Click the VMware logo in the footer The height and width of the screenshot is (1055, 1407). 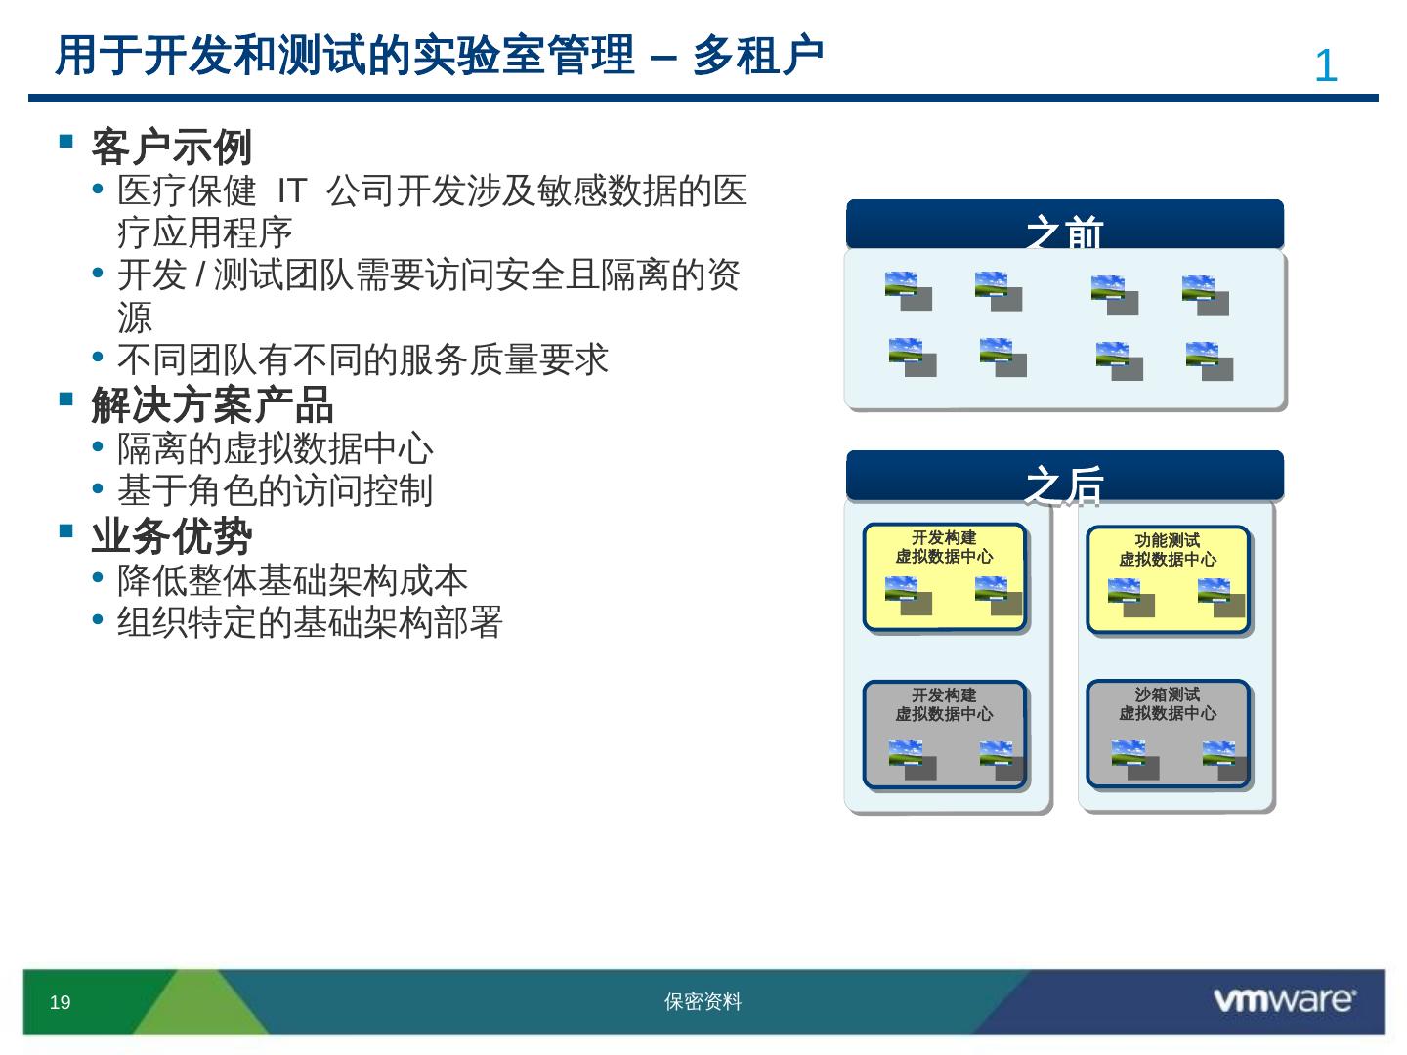coord(1283,1000)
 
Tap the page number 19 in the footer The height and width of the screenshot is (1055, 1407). coord(60,1002)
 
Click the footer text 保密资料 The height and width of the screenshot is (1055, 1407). coord(703,1002)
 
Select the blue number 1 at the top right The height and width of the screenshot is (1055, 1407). coord(1325,66)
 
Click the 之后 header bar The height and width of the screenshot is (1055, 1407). coord(1064,477)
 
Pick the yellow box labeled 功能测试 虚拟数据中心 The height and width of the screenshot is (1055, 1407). coord(1168,578)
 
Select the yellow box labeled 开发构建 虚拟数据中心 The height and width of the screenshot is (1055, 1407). coord(944,576)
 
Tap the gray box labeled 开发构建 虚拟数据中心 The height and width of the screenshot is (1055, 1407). coord(944,734)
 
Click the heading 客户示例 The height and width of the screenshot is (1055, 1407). coord(171,148)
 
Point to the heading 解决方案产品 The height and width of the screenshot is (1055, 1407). coord(212,404)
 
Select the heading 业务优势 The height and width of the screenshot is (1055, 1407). coord(171,535)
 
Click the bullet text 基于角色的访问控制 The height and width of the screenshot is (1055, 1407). coord(275,490)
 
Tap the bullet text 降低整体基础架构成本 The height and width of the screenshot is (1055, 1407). coord(292,580)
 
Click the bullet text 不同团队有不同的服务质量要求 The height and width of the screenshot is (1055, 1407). coord(362,359)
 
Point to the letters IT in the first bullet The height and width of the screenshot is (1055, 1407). coord(292,190)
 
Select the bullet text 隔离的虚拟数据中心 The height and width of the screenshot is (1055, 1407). coord(275,448)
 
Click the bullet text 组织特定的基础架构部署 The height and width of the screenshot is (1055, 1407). coord(310,622)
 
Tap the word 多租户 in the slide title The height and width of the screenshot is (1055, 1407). coord(758,56)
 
